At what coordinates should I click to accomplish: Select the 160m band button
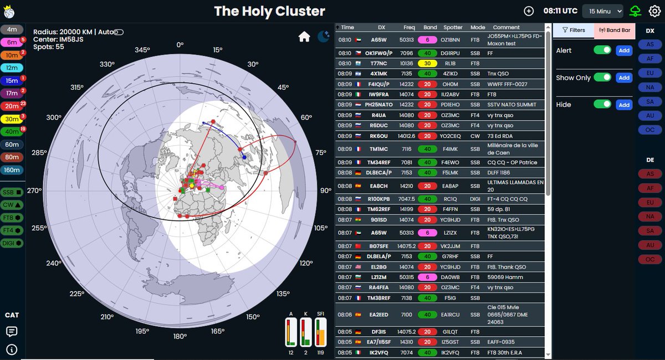12,170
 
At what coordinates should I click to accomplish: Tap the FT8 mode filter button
12,217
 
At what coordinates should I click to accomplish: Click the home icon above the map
304,37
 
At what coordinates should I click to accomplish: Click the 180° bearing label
180,336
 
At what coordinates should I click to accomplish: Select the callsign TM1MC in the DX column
379,149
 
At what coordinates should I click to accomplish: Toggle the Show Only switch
602,78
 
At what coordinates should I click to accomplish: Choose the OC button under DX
649,130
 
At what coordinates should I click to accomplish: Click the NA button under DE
649,216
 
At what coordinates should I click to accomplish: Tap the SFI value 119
320,353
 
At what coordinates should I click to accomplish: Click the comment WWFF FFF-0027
507,84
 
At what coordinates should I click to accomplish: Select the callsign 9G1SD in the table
379,220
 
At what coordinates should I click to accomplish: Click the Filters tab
573,30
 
